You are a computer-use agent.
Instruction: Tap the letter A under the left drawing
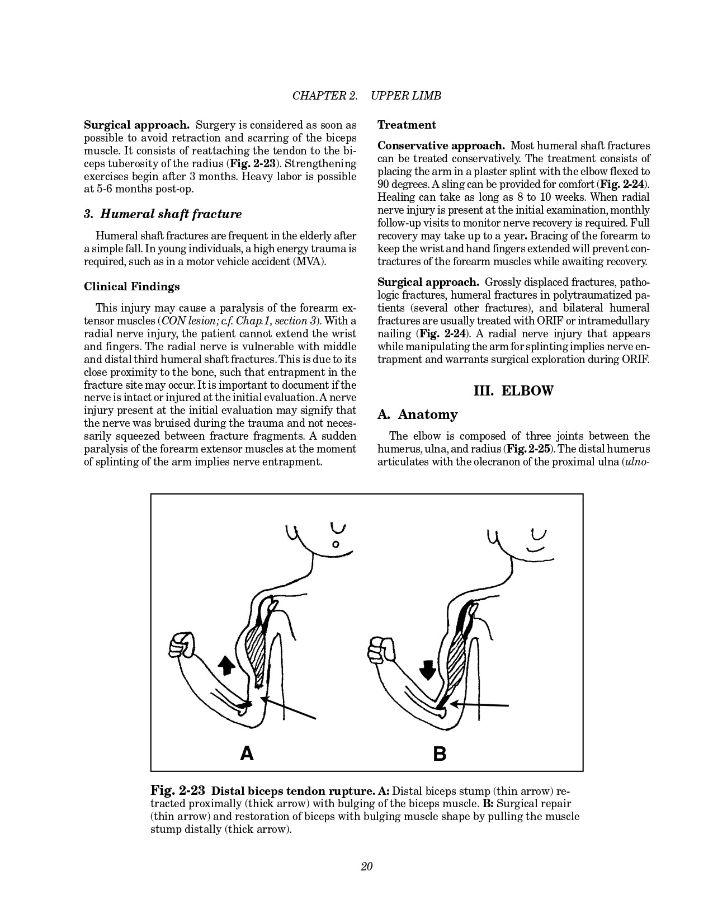point(247,754)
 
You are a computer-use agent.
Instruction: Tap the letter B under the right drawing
point(440,754)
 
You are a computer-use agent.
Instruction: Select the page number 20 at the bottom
point(367,867)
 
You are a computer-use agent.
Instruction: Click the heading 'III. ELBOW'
point(513,390)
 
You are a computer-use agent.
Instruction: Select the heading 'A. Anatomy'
point(417,415)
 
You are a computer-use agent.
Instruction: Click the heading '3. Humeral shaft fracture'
point(163,214)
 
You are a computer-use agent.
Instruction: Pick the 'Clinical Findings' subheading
point(132,286)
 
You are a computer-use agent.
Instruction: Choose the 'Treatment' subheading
point(407,125)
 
